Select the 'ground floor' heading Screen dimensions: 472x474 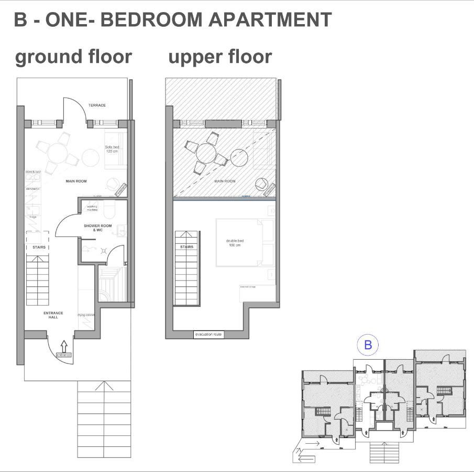pos(73,57)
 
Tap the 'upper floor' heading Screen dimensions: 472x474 pos(220,57)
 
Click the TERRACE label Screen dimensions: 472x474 pos(97,105)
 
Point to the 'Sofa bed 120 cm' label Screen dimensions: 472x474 pos(112,149)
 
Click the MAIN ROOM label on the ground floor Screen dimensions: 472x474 pos(76,181)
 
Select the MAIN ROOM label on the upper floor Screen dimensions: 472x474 pos(225,181)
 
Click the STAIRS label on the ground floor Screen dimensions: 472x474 pos(39,247)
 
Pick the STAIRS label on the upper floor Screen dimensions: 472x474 pos(186,246)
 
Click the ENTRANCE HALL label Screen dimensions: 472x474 pos(53,315)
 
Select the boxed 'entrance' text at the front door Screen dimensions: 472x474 pos(64,355)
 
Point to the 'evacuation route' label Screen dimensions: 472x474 pos(208,334)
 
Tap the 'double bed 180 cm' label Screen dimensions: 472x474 pos(235,243)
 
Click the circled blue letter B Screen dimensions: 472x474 pos(368,345)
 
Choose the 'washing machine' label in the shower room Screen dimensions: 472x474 pos(92,208)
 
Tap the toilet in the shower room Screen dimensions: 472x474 pos(109,210)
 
